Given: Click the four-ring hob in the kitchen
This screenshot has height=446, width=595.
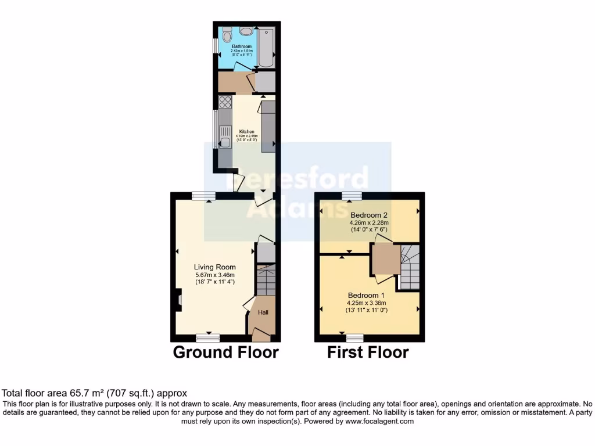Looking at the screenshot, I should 224,103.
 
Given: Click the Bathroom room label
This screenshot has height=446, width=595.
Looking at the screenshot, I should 241,46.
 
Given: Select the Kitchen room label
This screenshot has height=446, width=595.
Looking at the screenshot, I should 246,131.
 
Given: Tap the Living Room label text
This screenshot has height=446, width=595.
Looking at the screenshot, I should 214,267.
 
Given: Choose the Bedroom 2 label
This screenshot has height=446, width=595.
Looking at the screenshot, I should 368,215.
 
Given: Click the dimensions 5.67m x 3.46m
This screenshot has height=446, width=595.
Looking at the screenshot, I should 214,275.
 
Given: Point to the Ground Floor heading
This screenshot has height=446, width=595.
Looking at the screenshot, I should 226,352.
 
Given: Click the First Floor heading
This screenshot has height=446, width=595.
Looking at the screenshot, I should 368,352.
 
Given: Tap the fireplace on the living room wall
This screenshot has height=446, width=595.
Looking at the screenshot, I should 177,300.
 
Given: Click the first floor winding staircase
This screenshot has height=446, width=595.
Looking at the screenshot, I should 410,267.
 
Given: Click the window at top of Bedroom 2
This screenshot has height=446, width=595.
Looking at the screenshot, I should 351,196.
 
